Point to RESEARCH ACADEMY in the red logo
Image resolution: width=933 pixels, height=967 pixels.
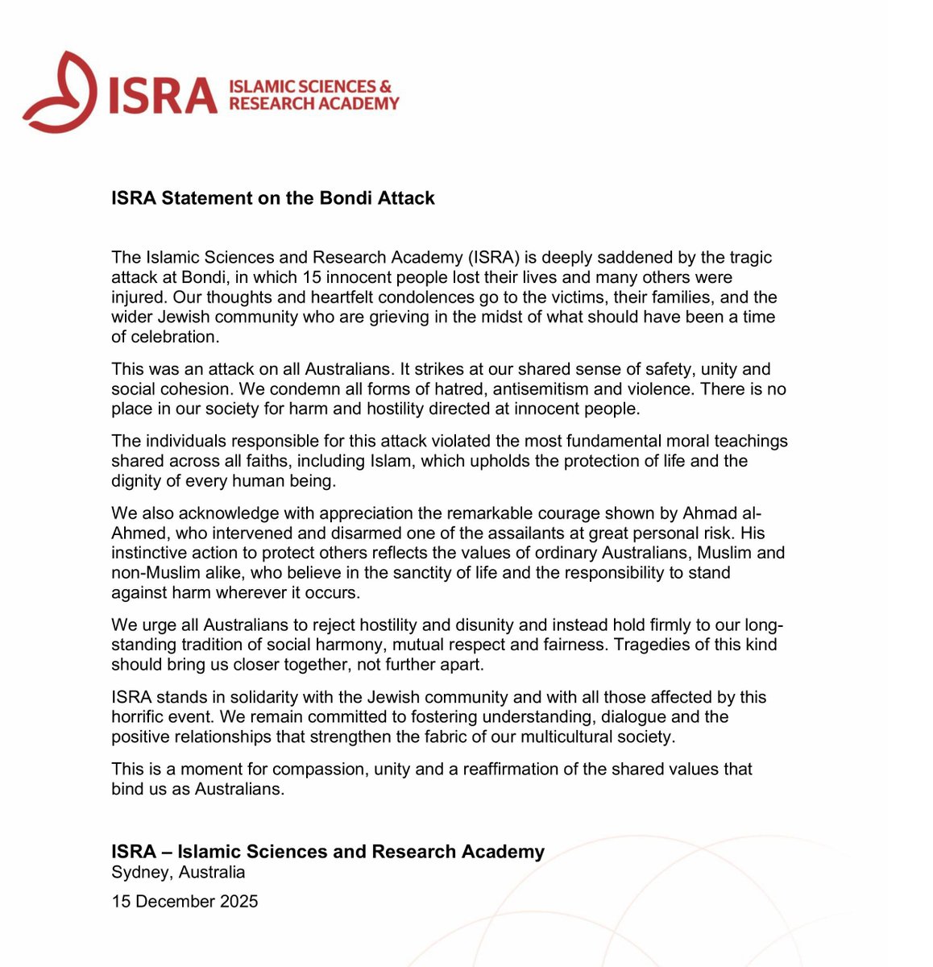tap(314, 104)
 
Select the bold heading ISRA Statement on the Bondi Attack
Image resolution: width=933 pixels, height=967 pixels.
tap(273, 198)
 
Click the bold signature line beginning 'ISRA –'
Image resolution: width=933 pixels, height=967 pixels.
tap(328, 852)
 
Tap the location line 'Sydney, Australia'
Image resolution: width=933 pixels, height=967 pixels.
tap(178, 873)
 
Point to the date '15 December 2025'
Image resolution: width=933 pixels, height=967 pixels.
tap(185, 902)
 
